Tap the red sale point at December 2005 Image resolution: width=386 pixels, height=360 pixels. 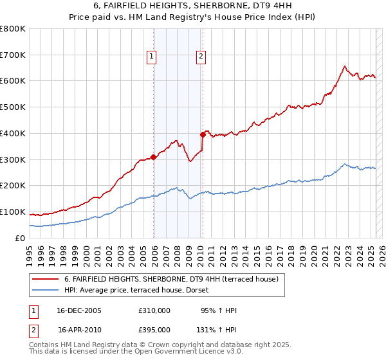[154, 156]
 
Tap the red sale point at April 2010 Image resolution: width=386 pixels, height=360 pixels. [203, 134]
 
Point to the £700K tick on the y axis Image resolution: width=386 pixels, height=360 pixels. [14, 55]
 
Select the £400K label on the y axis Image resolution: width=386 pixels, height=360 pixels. [14, 133]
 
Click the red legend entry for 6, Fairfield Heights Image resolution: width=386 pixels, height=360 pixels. [170, 279]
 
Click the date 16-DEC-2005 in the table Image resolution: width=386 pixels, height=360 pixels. [79, 310]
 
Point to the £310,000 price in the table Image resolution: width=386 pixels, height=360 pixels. [154, 310]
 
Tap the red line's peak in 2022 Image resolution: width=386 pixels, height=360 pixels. [345, 66]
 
